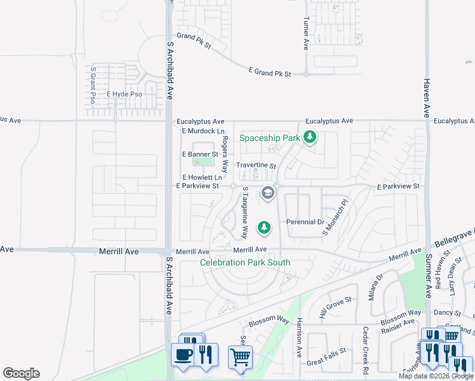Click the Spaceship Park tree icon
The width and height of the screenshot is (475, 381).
[310, 137]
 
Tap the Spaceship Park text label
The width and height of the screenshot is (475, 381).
[269, 138]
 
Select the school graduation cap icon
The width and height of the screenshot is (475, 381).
[268, 192]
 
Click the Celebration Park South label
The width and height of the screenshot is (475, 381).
[245, 262]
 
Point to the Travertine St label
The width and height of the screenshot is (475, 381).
[256, 166]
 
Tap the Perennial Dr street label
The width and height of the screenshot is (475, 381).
[305, 222]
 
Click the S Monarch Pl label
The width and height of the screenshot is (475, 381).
[335, 218]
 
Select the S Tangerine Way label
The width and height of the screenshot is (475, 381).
[242, 217]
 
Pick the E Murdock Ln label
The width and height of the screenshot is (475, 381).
[203, 131]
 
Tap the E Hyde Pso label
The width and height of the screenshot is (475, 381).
[124, 94]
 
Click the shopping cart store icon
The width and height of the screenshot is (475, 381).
[240, 357]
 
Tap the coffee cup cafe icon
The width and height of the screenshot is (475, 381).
[184, 354]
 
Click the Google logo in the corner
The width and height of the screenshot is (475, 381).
[21, 373]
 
